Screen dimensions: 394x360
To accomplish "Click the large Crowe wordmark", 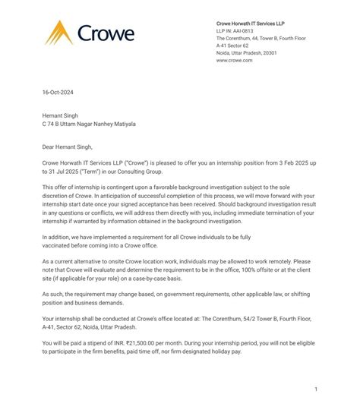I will point(106,33).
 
